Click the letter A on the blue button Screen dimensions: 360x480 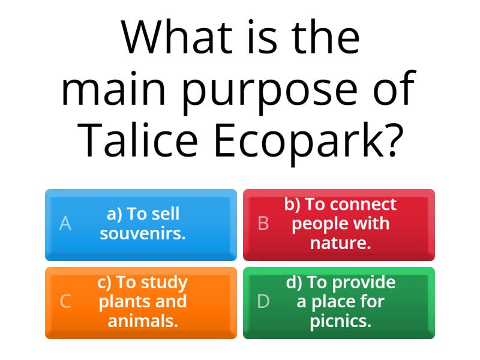pyautogui.click(x=65, y=224)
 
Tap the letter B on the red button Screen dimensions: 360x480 pyautogui.click(x=263, y=224)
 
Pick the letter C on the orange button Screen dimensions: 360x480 pyautogui.click(x=65, y=302)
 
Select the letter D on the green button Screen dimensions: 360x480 pyautogui.click(x=263, y=302)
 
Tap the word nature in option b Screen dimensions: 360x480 pyautogui.click(x=340, y=243)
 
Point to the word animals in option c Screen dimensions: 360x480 pyautogui.click(x=142, y=321)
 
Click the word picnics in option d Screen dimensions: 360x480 pyautogui.click(x=340, y=321)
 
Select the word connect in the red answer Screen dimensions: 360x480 pyautogui.click(x=363, y=205)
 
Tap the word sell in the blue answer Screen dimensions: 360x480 pyautogui.click(x=166, y=214)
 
